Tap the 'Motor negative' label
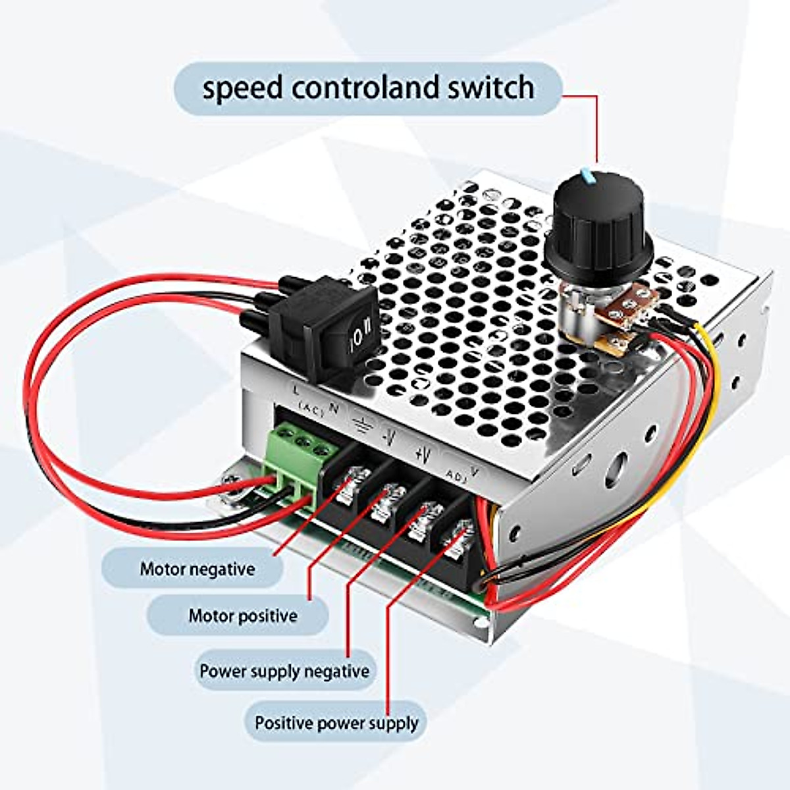(197, 569)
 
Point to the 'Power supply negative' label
(284, 671)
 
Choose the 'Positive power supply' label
(336, 723)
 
